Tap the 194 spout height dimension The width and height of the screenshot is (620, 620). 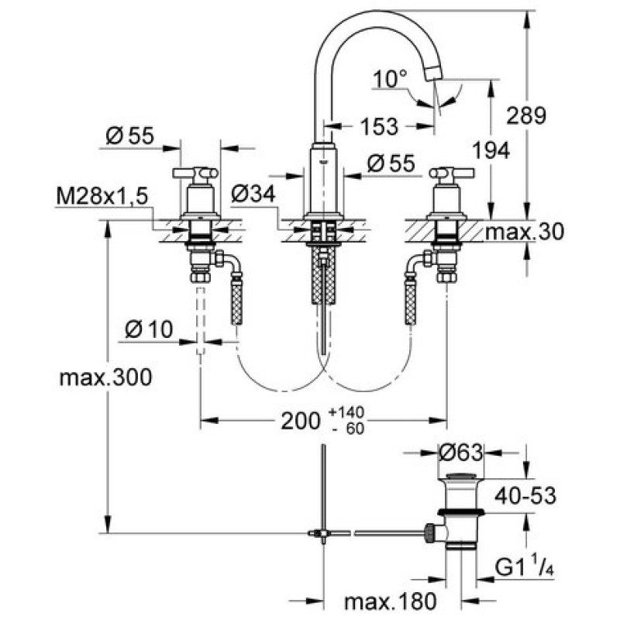(x=491, y=151)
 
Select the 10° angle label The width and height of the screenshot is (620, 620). (x=390, y=78)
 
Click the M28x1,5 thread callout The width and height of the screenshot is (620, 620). (x=102, y=198)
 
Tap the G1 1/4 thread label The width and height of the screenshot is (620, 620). (x=525, y=571)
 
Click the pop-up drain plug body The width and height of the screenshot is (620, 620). (x=463, y=511)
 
